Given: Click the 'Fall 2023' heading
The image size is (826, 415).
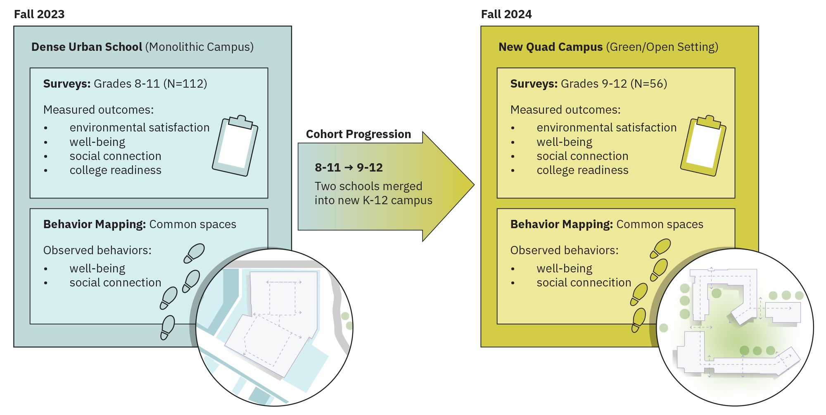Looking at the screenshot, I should (39, 14).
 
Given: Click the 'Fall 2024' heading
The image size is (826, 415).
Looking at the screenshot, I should (506, 14).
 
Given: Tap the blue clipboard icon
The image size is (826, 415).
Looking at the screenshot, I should (235, 145).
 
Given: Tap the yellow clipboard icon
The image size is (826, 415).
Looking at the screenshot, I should (703, 145).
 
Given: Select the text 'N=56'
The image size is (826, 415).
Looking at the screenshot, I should (649, 84).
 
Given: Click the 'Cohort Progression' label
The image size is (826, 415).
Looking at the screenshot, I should (358, 134).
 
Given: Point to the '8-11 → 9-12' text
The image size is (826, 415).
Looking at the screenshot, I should (349, 167).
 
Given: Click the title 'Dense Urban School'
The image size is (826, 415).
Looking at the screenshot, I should (87, 47).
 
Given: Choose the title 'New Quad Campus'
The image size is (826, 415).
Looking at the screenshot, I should (551, 47).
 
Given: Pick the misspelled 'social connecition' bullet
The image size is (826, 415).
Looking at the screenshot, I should (584, 283).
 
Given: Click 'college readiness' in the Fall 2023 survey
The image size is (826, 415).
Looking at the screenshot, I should (115, 170).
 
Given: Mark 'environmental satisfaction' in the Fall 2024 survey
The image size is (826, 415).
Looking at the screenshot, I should (606, 128).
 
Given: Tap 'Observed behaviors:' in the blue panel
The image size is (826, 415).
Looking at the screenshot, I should (97, 250).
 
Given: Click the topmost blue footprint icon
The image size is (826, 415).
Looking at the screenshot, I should (195, 253).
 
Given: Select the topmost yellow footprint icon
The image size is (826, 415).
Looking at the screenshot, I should (660, 248).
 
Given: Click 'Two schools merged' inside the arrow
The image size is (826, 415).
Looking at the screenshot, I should (368, 186).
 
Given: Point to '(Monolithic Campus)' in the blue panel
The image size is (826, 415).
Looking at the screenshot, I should (199, 47).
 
